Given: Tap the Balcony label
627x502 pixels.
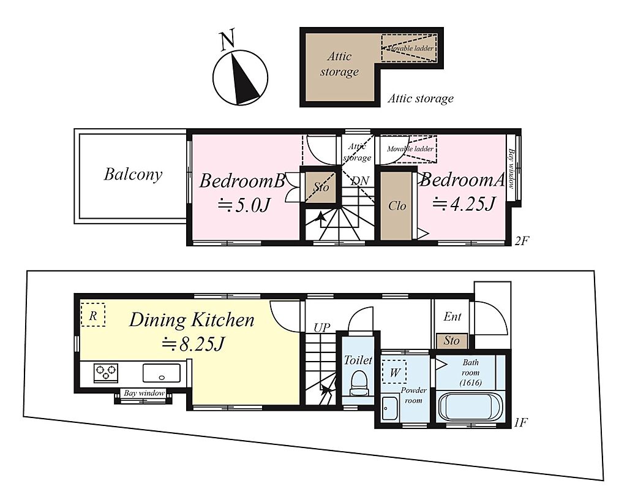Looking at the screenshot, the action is tap(133, 175).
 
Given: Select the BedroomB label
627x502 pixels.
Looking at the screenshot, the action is tap(242, 181).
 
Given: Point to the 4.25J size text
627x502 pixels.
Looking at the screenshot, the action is tap(464, 203).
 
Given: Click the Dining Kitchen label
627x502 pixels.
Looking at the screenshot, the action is tap(192, 320).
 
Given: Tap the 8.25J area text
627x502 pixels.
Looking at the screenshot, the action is tap(193, 344).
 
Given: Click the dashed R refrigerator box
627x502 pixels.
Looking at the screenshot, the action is tap(93, 314).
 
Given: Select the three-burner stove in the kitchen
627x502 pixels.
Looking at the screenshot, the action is tap(106, 372).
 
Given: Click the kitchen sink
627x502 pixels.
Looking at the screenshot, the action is tap(162, 373).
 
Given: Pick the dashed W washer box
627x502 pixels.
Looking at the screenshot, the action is tap(394, 372).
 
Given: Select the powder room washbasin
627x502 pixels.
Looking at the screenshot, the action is tap(390, 408).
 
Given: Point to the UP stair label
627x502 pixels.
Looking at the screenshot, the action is tap(322, 328).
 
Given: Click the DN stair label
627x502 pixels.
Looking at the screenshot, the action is tap(359, 181).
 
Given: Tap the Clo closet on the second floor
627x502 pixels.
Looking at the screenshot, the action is tap(396, 206).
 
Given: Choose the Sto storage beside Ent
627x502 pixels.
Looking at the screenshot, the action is tap(451, 341).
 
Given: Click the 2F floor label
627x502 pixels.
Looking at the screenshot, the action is tap(522, 241).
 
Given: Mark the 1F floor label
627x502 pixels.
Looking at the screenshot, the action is tap(521, 422).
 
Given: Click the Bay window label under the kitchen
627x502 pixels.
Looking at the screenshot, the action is tap(144, 393).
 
